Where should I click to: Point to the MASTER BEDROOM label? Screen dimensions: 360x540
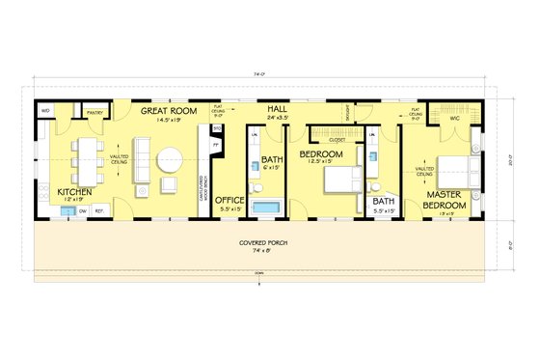[x=447, y=201]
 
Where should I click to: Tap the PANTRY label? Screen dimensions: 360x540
[x=95, y=113]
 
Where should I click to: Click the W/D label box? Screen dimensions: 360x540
[x=45, y=112]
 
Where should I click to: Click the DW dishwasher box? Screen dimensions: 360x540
[x=82, y=210]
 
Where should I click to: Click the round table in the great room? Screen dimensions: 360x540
[x=170, y=157]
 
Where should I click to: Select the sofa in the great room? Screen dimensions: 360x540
[x=141, y=160]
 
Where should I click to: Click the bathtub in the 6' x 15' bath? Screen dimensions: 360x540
[x=263, y=209]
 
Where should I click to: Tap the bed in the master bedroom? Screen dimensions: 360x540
[x=455, y=171]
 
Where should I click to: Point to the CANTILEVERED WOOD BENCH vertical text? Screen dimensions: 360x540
[x=202, y=194]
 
